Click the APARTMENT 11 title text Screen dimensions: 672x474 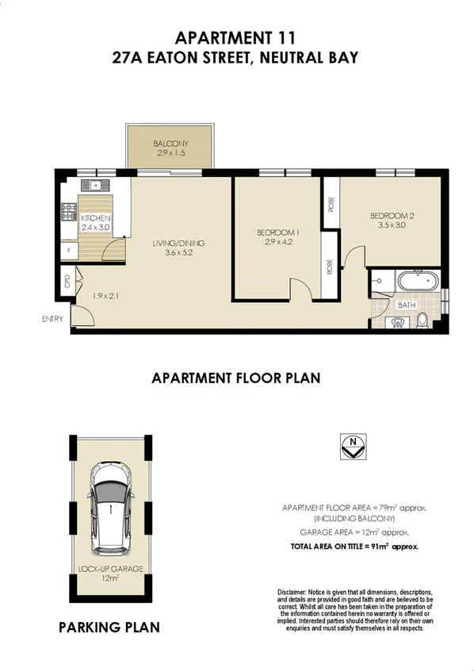236,37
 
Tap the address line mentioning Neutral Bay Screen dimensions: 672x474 236,57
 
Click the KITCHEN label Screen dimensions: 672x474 94,218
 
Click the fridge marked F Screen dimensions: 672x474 69,251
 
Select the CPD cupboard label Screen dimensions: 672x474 67,282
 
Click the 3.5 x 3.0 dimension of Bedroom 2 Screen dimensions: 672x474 388,225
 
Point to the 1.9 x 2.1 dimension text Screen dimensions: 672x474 105,296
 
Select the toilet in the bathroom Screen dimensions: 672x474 423,321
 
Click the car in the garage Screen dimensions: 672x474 111,509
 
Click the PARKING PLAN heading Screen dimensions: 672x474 109,628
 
